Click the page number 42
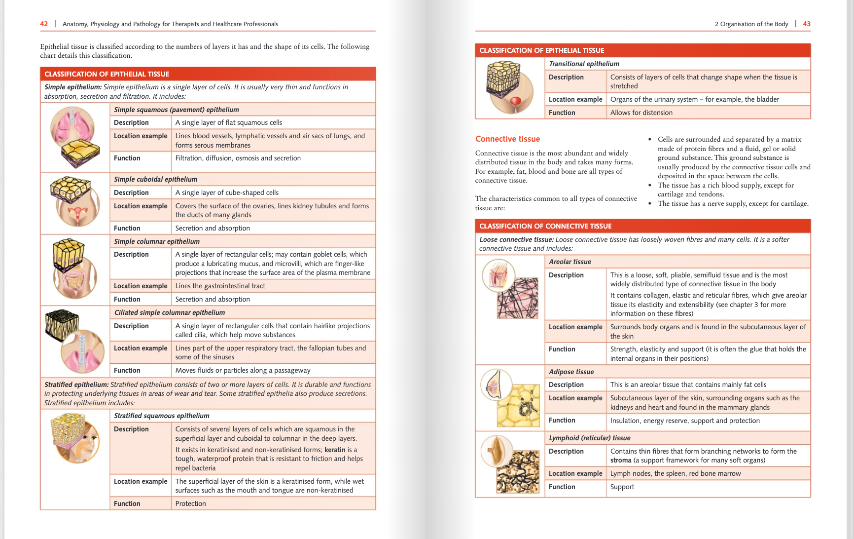44,24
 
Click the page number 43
807,24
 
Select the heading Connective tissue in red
507,139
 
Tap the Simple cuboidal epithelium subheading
155,179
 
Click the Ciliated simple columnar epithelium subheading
169,312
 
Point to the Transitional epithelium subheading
584,64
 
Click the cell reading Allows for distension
641,113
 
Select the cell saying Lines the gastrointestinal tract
220,286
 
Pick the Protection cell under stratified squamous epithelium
190,503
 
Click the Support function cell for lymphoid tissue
622,487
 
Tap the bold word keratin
335,450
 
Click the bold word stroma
620,460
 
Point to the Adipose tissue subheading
571,372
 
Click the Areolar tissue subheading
569,262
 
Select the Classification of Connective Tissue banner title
545,226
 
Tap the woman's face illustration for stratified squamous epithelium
84,444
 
